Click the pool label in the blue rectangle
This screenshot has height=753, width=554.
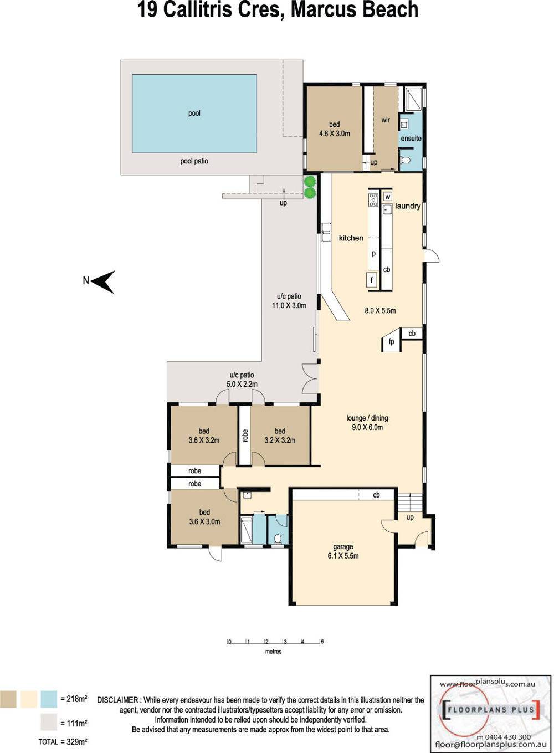click(194, 113)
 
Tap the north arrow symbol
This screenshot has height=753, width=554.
click(103, 282)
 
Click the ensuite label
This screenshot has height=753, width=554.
click(411, 138)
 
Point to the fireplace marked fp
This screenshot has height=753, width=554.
click(391, 341)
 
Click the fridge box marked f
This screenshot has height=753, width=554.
click(372, 280)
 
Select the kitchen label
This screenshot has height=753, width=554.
click(351, 238)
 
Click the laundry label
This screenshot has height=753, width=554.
click(408, 206)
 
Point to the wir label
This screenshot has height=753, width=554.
click(386, 120)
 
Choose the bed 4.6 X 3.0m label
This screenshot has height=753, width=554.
click(335, 129)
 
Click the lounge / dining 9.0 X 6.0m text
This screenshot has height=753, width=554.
click(367, 423)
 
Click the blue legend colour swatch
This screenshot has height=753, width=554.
click(49, 698)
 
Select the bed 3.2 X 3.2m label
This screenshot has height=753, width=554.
click(280, 436)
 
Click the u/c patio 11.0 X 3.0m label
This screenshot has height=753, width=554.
click(289, 301)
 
